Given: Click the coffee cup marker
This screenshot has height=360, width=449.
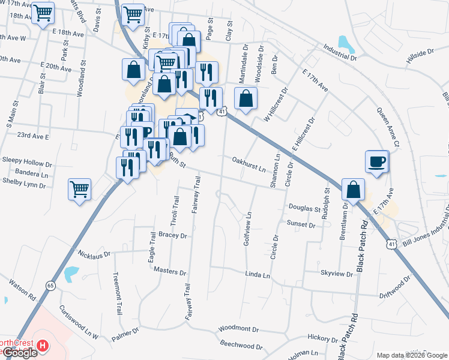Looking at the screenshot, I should pyautogui.click(x=376, y=161).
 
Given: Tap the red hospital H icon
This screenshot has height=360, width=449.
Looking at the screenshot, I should pyautogui.click(x=42, y=346).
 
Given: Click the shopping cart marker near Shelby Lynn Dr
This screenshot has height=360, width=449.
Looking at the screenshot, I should pyautogui.click(x=79, y=190).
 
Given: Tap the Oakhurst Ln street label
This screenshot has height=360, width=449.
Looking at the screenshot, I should pyautogui.click(x=249, y=164).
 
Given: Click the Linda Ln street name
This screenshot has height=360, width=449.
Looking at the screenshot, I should pyautogui.click(x=258, y=274).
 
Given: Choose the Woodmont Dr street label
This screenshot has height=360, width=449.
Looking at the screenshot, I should pyautogui.click(x=238, y=329).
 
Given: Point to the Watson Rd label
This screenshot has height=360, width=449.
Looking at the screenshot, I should pyautogui.click(x=22, y=290).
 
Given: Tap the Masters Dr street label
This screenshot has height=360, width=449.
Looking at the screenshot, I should pyautogui.click(x=166, y=271).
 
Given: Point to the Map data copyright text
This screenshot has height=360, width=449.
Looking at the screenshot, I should pyautogui.click(x=411, y=355).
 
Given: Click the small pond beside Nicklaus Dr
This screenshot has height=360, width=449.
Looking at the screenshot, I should pyautogui.click(x=71, y=274).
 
